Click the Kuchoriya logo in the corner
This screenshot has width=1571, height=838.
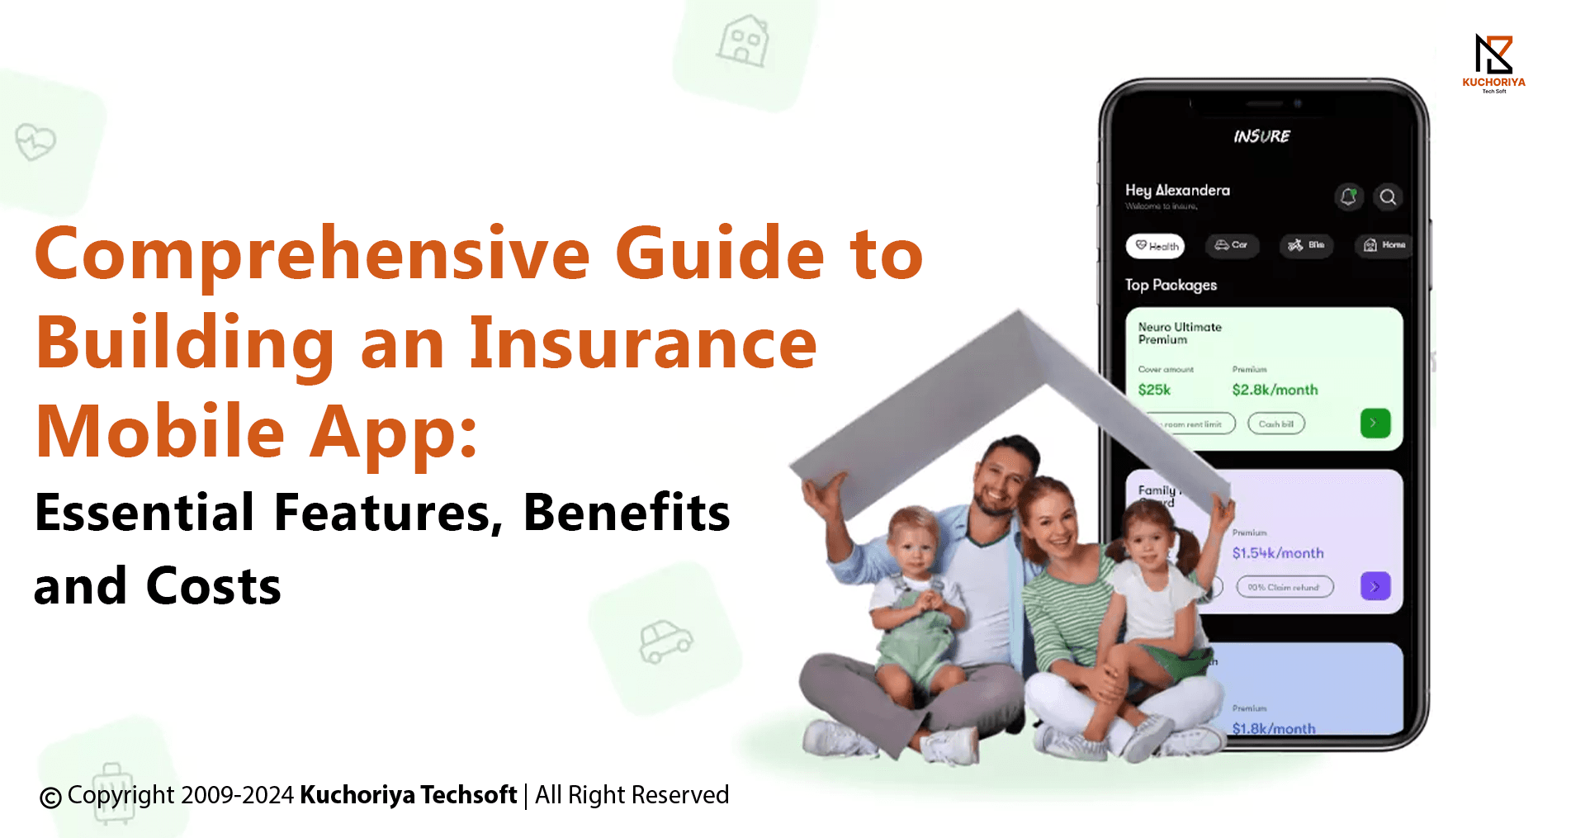tap(1493, 62)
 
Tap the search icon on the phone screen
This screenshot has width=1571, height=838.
tap(1388, 196)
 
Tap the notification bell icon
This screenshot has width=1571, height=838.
tap(1348, 196)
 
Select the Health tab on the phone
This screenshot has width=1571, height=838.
tap(1156, 245)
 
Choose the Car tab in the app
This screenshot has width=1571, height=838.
tap(1232, 245)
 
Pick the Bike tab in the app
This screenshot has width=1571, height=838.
tap(1306, 245)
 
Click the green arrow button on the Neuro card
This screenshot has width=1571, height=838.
tap(1375, 423)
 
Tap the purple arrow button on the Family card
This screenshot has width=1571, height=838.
tap(1375, 586)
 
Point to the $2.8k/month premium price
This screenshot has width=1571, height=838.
tap(1275, 390)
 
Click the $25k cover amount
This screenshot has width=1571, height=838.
tap(1154, 390)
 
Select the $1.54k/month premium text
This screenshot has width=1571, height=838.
tap(1278, 553)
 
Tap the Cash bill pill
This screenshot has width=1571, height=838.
tap(1275, 424)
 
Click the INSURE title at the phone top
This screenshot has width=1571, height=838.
tap(1261, 136)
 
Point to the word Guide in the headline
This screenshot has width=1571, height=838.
tap(719, 253)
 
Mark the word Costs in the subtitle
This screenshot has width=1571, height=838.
tap(213, 586)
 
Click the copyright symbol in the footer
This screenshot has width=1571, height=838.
tap(51, 798)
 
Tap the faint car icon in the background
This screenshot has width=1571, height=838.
tap(665, 642)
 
